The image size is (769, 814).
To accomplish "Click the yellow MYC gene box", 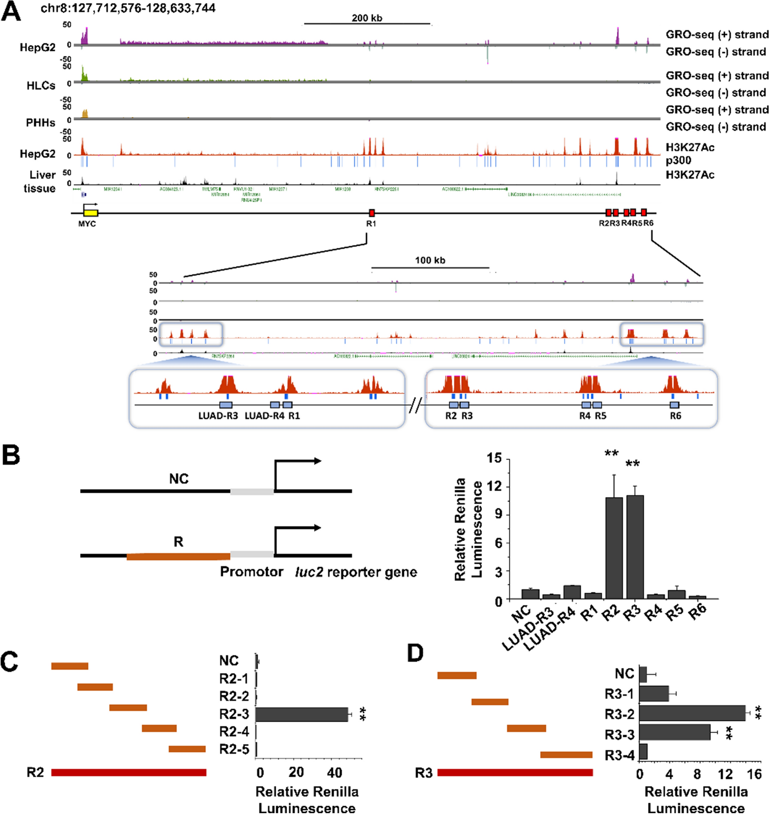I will tap(91, 213).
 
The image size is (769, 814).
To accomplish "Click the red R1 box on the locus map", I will tap(371, 213).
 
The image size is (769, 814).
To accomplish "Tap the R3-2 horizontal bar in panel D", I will tap(692, 713).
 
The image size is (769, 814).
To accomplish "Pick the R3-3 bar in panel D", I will tap(675, 733).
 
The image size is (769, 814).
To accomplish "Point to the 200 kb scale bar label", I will tap(367, 18).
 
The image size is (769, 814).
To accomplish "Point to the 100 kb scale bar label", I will tap(430, 260).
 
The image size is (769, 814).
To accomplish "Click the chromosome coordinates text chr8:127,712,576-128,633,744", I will tap(128, 8).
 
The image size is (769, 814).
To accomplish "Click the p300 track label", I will tap(678, 160).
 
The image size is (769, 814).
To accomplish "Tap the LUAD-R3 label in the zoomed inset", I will tap(218, 416).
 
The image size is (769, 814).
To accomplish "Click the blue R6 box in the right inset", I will tap(674, 405).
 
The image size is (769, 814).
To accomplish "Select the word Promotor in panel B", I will tap(251, 572).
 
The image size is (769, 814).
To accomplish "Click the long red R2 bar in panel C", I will tap(129, 772).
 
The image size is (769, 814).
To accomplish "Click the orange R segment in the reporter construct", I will tap(178, 556).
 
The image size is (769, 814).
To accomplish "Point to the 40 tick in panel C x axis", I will tap(334, 772).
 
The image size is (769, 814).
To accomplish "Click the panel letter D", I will tap(415, 653).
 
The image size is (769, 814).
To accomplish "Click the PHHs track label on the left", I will tap(40, 123).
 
